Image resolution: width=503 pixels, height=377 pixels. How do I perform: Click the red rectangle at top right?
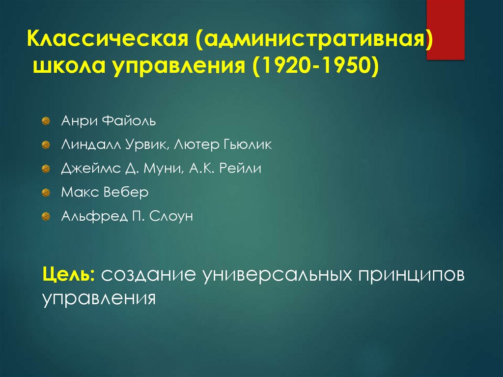445,29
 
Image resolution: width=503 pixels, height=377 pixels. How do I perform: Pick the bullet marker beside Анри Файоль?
46,121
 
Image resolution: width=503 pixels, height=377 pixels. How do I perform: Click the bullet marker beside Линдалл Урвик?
46,145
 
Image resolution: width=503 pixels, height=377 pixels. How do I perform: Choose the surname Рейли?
241,168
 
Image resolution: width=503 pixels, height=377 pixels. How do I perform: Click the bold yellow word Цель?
68,275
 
